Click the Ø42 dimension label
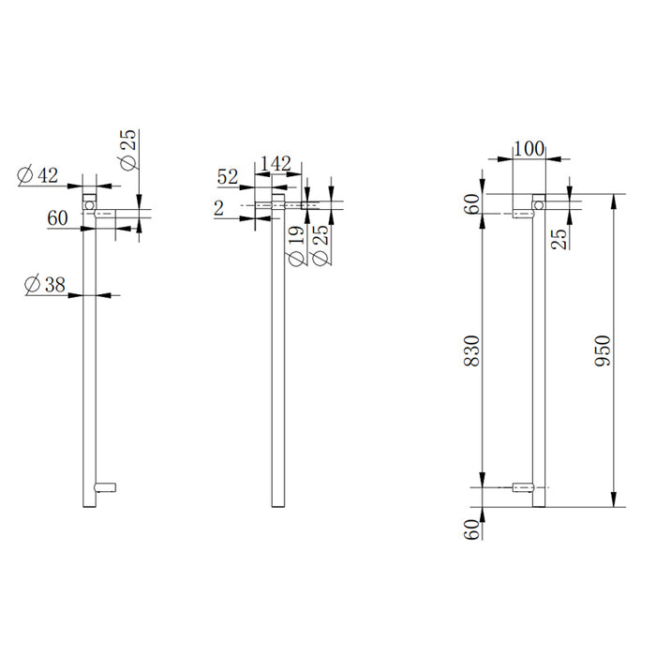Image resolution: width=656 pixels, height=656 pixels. (x=38, y=173)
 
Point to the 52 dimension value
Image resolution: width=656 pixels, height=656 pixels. (x=228, y=176)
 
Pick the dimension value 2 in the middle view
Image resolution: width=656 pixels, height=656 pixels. (x=218, y=208)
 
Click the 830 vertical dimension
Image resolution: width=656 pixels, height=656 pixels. (x=472, y=350)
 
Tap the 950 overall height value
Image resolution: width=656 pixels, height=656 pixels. (x=604, y=350)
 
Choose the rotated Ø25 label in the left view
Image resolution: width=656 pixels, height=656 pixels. (x=128, y=149)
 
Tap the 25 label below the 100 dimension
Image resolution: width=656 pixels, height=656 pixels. (x=559, y=238)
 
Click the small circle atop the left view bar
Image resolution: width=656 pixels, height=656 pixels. (x=89, y=203)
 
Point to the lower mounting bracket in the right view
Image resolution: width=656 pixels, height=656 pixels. (x=524, y=487)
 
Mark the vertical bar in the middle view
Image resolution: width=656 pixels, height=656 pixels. (x=277, y=375)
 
